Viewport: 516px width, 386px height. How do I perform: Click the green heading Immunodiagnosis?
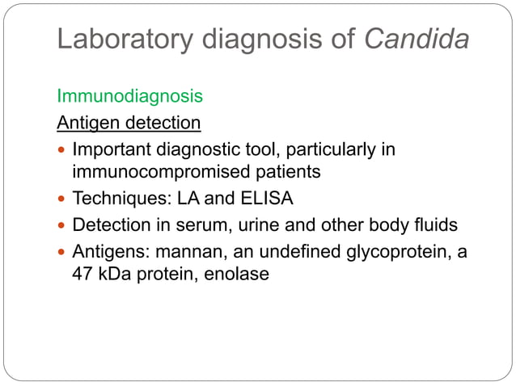click(129, 97)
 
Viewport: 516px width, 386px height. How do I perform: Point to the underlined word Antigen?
click(84, 124)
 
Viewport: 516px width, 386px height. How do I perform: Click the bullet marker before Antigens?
click(62, 253)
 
